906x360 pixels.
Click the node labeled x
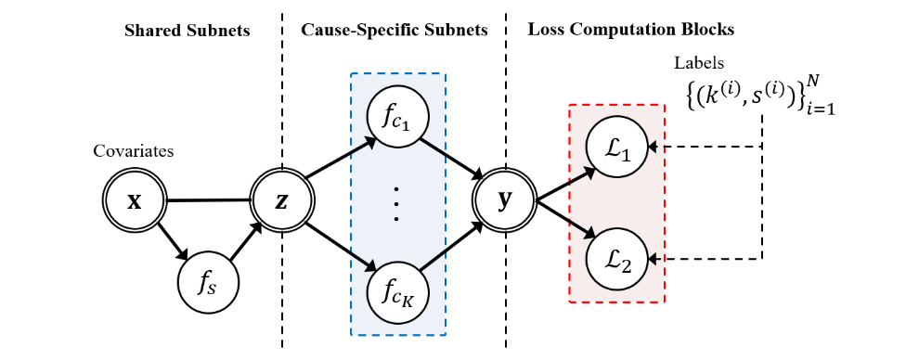pos(135,200)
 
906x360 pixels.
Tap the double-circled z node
pos(282,200)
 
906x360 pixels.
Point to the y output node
pos(507,200)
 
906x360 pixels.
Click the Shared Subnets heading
pos(188,31)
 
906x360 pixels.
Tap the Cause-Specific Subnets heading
pos(395,31)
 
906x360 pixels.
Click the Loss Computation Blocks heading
pos(631,31)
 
